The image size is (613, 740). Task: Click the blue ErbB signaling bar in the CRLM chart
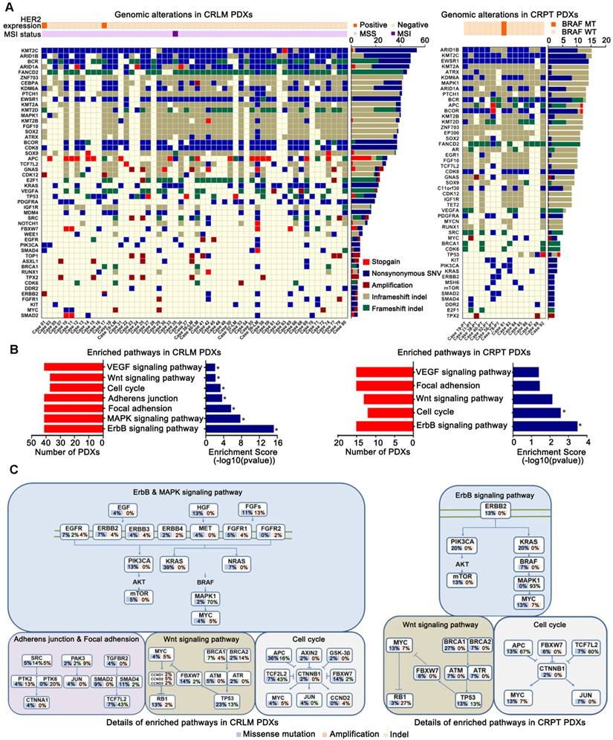(239, 428)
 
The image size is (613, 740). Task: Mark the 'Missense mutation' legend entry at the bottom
(215, 733)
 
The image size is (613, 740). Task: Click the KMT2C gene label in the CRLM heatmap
(21, 50)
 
